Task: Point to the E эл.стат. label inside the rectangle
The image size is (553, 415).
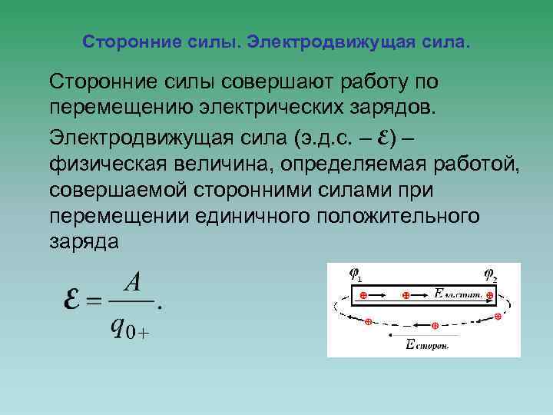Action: pos(456,294)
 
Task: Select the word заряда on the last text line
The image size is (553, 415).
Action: pos(84,242)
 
